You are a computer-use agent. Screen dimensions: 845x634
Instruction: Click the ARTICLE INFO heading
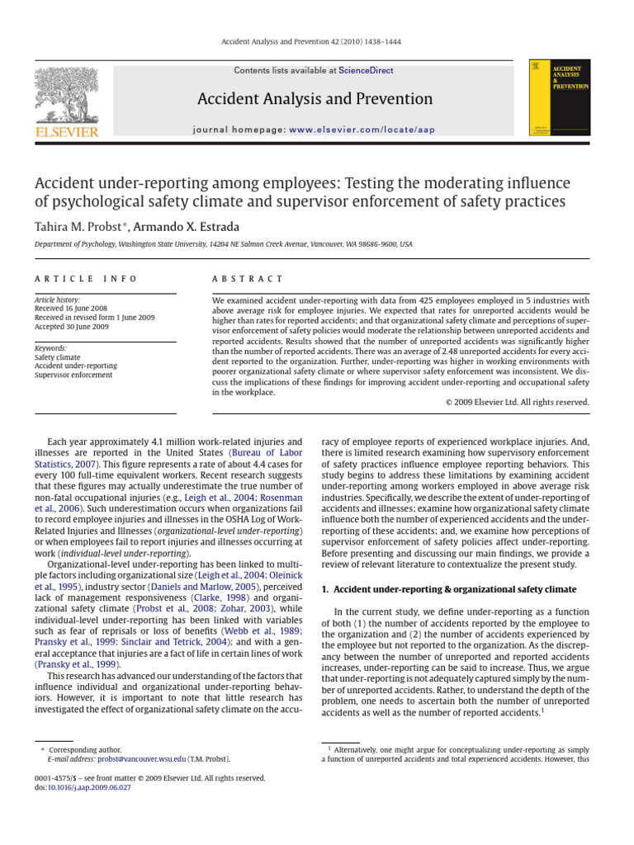(x=86, y=280)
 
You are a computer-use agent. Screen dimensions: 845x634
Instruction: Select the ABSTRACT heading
(x=248, y=280)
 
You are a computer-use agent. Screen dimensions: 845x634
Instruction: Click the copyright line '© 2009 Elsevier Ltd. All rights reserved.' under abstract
(x=517, y=402)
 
